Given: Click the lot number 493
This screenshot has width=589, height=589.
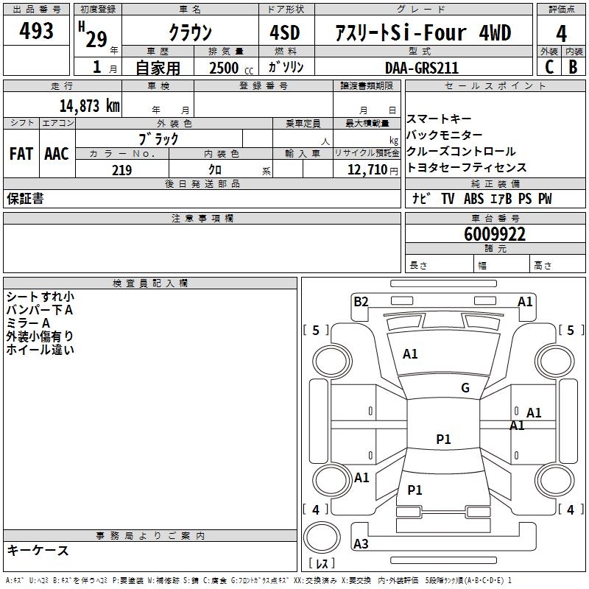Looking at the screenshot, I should click(x=37, y=31).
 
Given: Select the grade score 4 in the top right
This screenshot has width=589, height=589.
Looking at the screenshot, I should click(x=562, y=33).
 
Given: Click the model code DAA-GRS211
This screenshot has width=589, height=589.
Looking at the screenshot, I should click(x=422, y=68).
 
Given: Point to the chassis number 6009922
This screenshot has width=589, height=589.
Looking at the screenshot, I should click(x=495, y=234).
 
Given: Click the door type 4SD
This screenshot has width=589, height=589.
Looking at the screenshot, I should click(x=285, y=33).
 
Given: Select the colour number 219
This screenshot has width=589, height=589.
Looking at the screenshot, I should click(x=121, y=170).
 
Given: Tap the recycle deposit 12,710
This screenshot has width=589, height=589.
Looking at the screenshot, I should click(x=366, y=170).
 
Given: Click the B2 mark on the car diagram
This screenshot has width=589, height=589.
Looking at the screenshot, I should click(x=361, y=301).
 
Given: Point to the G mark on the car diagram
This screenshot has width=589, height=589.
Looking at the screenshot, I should click(x=465, y=388).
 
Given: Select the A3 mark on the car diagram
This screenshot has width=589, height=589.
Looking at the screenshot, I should click(x=361, y=544).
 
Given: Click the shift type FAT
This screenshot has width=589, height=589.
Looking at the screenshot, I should click(x=21, y=153).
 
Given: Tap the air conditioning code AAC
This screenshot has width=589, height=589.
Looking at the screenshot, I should click(x=57, y=153).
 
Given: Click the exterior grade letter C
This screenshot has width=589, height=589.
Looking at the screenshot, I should click(x=549, y=68).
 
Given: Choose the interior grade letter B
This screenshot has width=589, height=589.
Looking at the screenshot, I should click(x=573, y=68).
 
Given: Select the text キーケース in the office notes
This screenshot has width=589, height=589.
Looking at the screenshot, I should click(x=38, y=550).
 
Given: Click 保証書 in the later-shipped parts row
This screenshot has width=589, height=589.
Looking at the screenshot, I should click(x=25, y=199).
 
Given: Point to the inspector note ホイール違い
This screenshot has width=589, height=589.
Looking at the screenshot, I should click(x=40, y=350).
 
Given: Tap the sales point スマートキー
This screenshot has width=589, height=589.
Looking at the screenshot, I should click(x=439, y=119).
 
